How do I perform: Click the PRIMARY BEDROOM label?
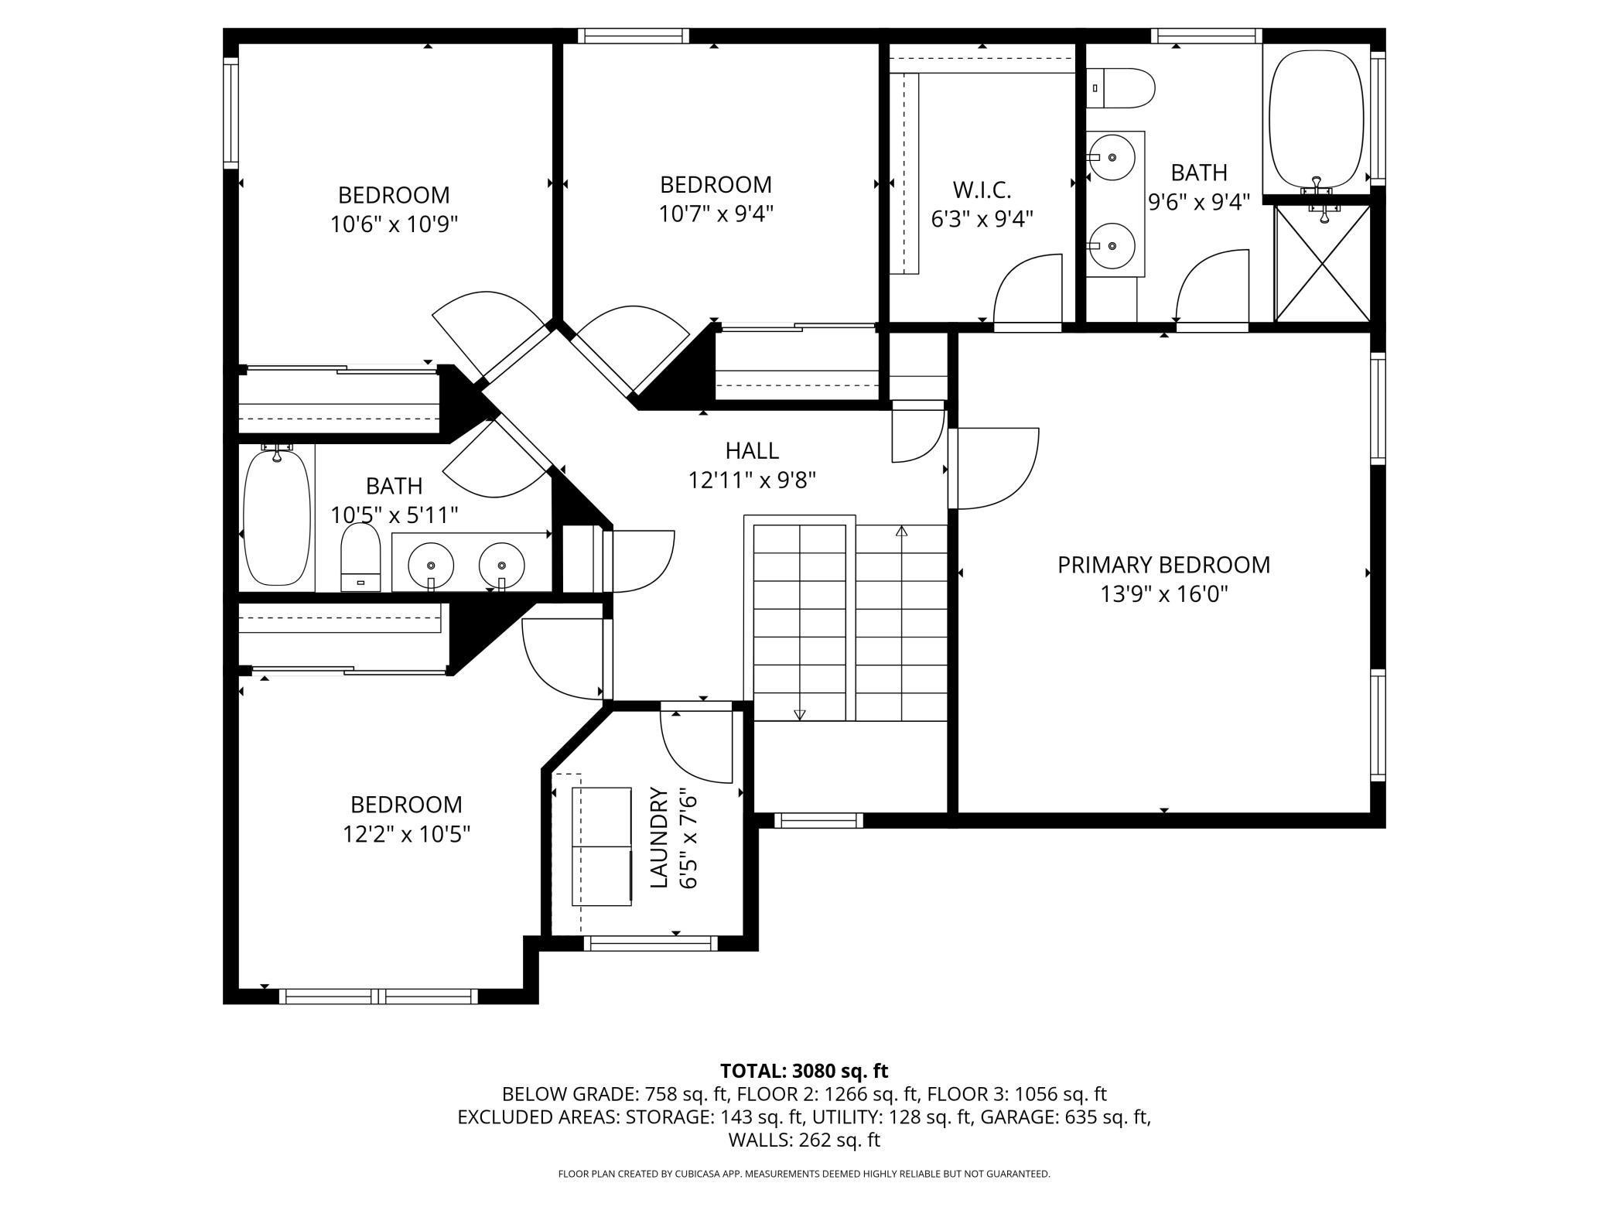point(1163,565)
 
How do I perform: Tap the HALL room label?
point(752,450)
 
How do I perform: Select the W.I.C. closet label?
point(982,190)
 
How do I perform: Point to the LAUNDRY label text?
point(658,837)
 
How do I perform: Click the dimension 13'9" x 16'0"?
point(1164,594)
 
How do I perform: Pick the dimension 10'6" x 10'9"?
point(394,224)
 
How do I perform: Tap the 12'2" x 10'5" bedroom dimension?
point(406,834)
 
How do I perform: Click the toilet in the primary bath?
point(1120,88)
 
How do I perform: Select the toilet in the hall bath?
point(361,557)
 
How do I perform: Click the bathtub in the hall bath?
point(277,517)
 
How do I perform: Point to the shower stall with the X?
point(1323,263)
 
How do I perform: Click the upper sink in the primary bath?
point(1112,157)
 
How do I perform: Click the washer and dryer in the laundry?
point(602,846)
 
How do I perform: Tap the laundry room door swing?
point(696,744)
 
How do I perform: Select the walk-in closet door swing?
point(1027,289)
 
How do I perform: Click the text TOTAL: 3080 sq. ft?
point(804,1071)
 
